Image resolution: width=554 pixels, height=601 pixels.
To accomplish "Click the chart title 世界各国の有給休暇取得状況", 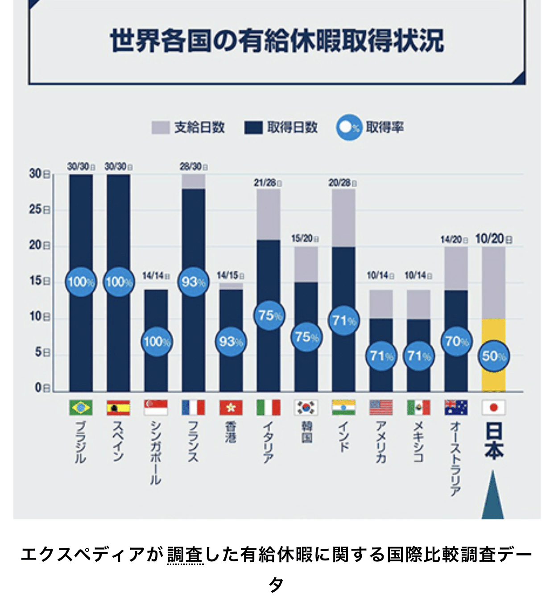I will tap(277, 41).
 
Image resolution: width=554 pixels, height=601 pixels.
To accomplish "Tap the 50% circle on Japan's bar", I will tap(494, 356).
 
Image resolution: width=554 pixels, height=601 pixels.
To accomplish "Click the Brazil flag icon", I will tap(81, 407).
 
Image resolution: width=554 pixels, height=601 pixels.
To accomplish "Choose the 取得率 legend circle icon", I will tap(349, 128).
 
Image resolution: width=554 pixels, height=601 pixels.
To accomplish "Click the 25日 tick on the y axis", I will tap(39, 209).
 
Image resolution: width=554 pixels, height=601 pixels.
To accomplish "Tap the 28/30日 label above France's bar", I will tap(193, 167).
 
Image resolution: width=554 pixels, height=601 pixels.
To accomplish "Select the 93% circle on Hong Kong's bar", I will tap(231, 342).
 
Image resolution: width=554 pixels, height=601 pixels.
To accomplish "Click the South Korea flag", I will tap(306, 407).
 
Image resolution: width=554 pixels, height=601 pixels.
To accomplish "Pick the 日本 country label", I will tap(494, 441).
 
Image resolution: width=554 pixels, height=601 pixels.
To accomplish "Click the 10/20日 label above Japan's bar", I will tap(493, 239).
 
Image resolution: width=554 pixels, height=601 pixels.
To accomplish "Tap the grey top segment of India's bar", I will tap(343, 218).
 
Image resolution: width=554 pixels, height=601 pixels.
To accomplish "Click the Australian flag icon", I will tap(456, 407).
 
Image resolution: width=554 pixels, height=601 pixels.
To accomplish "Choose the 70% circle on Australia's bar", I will tap(456, 341).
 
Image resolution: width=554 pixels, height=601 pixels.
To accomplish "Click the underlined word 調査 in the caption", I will tap(185, 555).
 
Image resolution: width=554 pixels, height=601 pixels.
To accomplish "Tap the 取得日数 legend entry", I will tap(281, 128).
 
